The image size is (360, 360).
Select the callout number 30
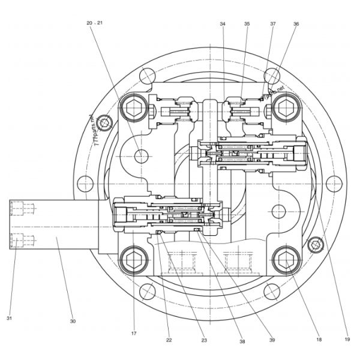[73, 321]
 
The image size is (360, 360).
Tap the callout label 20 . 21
[95, 22]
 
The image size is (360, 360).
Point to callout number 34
[223, 24]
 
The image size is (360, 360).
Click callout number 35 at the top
[247, 24]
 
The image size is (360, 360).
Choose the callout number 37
[273, 24]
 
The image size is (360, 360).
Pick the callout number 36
[296, 24]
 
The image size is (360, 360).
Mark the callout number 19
[347, 339]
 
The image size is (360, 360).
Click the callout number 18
[319, 339]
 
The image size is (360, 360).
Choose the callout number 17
[134, 333]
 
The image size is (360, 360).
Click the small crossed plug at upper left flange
[106, 124]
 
